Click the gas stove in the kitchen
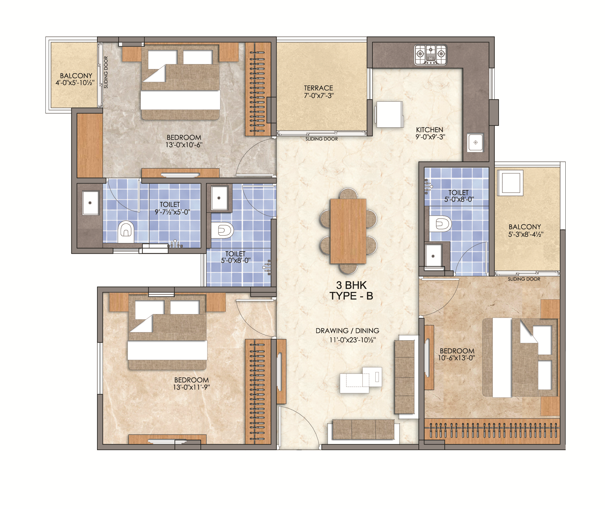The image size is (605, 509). coord(430,54)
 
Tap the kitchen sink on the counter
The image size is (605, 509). coord(475,142)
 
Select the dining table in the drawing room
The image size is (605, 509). coord(348,231)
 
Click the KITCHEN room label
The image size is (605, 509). coord(430,130)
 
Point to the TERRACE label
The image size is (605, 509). coord(318,88)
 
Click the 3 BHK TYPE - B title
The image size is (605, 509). coord(351,290)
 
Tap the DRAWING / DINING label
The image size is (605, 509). coord(347,331)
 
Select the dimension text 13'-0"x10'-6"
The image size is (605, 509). coord(184,145)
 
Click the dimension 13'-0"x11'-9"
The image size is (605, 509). coord(191,387)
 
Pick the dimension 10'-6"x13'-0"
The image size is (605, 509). coord(457,358)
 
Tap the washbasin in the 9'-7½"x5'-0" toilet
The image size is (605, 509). coord(90,203)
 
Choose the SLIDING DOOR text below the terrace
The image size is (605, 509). coord(321,139)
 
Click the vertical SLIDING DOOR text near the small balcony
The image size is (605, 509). coord(106,72)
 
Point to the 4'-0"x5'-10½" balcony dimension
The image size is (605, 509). coord(75,83)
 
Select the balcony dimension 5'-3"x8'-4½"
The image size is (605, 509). coord(526,235)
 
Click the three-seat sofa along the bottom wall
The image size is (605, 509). coord(363,429)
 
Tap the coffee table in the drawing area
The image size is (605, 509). coord(361,380)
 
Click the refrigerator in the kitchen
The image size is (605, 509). coord(389,114)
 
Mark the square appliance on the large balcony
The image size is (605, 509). coord(510,183)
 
